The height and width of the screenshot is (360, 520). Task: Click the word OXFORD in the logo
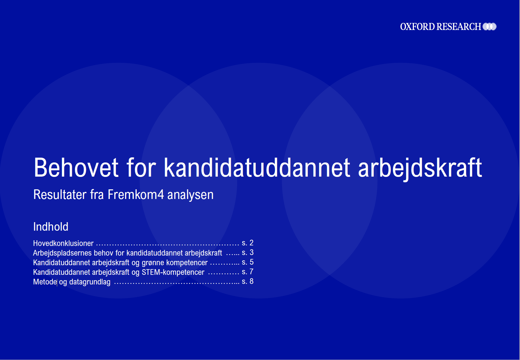point(418,27)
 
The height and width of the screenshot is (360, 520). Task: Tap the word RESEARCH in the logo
point(459,27)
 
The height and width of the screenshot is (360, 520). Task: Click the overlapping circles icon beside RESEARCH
point(489,27)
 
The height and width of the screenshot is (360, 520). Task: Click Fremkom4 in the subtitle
point(136,195)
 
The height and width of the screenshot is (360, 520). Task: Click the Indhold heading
point(51,227)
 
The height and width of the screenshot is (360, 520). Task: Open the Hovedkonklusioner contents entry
point(63,243)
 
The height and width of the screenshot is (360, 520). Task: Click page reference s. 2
point(248,243)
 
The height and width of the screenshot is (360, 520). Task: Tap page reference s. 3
point(248,253)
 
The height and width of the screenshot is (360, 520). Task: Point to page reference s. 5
point(248,262)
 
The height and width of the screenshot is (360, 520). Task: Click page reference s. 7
point(248,272)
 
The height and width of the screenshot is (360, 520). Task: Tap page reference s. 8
point(248,282)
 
